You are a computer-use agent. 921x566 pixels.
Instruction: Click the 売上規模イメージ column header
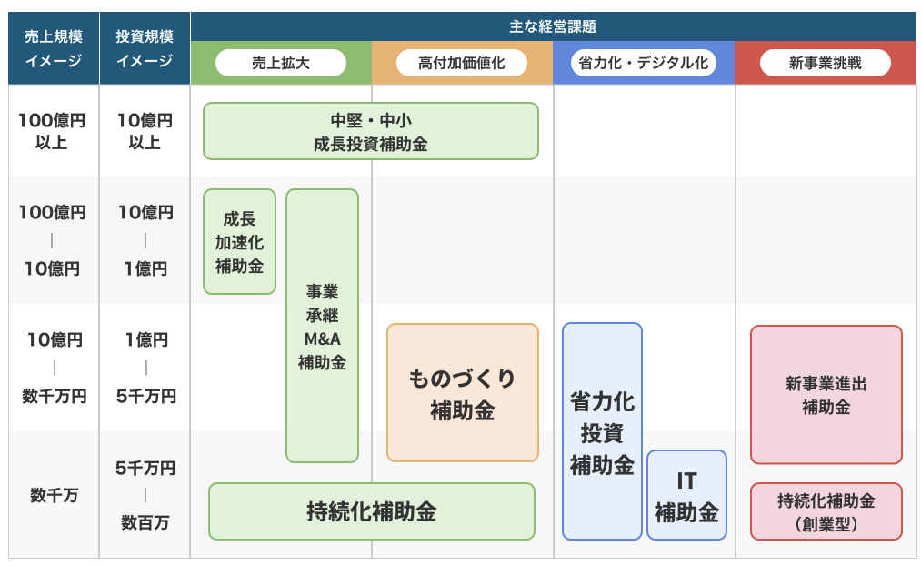(x=54, y=48)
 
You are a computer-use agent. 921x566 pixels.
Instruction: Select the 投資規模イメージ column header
(x=145, y=48)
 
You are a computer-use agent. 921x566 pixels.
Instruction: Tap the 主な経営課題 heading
(x=553, y=26)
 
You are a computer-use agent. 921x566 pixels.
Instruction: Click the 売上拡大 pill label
(x=281, y=63)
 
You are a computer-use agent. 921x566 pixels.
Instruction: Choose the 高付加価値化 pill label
(x=462, y=63)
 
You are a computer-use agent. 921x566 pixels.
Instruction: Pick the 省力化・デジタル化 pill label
(x=644, y=63)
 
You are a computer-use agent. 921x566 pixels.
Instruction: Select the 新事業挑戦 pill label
(x=826, y=63)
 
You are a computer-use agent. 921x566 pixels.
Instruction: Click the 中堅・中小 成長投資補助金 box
(x=371, y=131)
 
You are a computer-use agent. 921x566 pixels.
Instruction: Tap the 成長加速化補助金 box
(x=240, y=241)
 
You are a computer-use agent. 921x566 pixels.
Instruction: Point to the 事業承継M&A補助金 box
(x=323, y=326)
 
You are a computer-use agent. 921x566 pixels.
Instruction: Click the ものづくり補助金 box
(x=463, y=392)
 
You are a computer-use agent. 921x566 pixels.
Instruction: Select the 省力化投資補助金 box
(x=602, y=431)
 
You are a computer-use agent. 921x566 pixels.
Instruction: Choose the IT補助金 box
(x=686, y=495)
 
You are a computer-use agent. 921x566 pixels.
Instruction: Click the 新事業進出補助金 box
(x=826, y=395)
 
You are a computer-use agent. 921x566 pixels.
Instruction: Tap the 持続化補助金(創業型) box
(x=826, y=511)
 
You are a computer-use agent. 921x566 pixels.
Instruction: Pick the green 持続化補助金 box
(x=372, y=511)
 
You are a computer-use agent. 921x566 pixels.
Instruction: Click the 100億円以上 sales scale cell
(x=52, y=131)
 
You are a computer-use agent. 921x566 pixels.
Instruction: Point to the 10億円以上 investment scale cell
(x=145, y=131)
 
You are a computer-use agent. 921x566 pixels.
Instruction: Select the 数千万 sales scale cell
(x=54, y=495)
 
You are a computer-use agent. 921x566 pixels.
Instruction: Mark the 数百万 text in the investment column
(x=145, y=522)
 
